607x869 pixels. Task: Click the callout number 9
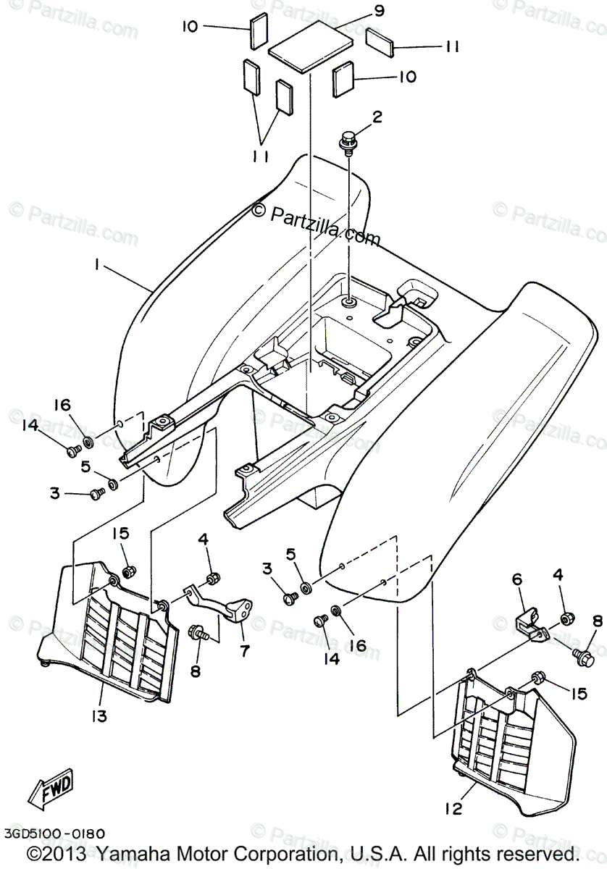coord(379,11)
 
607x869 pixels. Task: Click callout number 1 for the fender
coord(96,266)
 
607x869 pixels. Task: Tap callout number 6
coord(516,579)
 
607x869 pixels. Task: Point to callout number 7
coord(244,651)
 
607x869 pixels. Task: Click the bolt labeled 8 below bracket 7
coord(196,632)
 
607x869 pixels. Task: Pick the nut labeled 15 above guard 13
coord(128,573)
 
